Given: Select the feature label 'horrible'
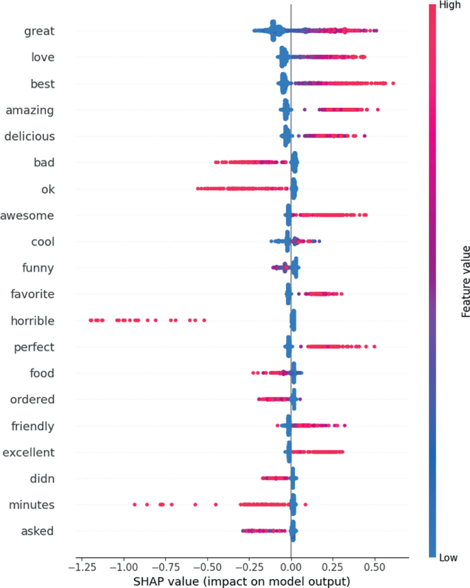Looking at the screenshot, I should pyautogui.click(x=32, y=320).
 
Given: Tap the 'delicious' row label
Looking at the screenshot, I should pyautogui.click(x=30, y=137).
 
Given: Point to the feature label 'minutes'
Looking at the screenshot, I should pyautogui.click(x=32, y=505).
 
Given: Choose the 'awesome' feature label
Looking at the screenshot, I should pyautogui.click(x=27, y=215).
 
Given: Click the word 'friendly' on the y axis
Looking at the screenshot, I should pyautogui.click(x=33, y=427).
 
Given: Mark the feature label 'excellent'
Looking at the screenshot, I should pyautogui.click(x=29, y=453).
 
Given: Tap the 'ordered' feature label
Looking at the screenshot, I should pyautogui.click(x=32, y=400).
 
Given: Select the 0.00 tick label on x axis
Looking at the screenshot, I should pyautogui.click(x=291, y=568).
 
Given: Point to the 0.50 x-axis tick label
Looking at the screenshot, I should pyautogui.click(x=375, y=568).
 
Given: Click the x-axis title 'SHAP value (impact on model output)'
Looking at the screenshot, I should pyautogui.click(x=242, y=581).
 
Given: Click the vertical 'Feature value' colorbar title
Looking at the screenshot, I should pyautogui.click(x=465, y=281).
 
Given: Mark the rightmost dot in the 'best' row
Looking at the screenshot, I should pyautogui.click(x=392, y=84).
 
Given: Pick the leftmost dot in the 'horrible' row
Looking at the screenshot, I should pyautogui.click(x=90, y=320).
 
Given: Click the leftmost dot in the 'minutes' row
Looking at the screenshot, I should pyautogui.click(x=134, y=505).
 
